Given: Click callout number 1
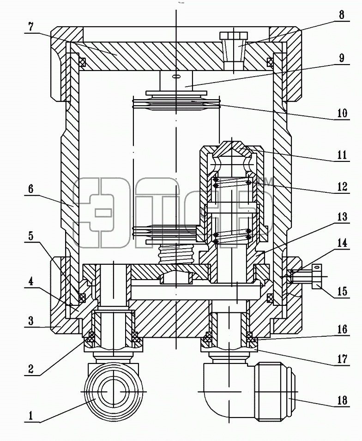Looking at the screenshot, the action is (30, 416).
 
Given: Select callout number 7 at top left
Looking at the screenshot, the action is (30, 27).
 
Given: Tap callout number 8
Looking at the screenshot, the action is (341, 15).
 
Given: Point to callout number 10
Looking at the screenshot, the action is (342, 113).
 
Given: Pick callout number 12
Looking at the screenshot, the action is (342, 186).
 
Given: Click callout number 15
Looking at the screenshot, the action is (342, 292).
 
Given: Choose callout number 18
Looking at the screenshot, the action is (342, 400).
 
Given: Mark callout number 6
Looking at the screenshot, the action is (30, 189).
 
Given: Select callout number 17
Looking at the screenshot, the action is (342, 359).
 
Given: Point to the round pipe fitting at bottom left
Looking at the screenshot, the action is (113, 392).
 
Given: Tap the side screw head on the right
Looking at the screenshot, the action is (316, 276).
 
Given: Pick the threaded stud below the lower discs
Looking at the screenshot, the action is (176, 254).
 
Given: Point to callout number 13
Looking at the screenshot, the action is (342, 217).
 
